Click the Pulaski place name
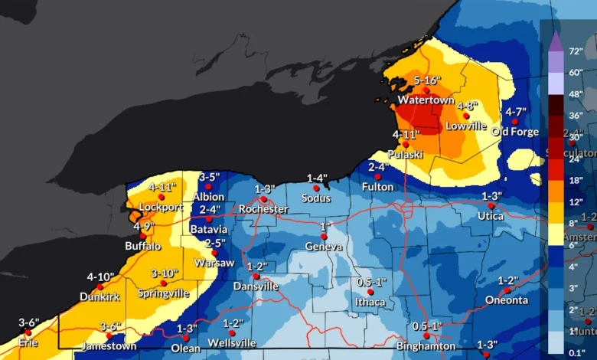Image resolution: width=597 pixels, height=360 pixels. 406,155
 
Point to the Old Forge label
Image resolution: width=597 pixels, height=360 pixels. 515,132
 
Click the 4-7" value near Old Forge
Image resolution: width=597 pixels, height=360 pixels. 515,113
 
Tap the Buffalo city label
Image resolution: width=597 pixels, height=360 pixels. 143,246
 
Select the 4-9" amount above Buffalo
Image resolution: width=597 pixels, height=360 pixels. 143,227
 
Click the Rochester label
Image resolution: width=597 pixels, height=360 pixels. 263,209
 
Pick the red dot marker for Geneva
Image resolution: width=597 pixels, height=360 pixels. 324,236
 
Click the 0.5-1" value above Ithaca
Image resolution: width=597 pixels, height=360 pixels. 372,282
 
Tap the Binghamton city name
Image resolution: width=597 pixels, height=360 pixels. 427,346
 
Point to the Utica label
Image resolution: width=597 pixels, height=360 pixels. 491,216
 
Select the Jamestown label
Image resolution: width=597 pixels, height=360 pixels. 109,346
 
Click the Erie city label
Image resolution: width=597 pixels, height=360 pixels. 28,342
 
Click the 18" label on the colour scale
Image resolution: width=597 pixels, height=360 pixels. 575,181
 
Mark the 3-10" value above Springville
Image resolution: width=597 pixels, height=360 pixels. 164,273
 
